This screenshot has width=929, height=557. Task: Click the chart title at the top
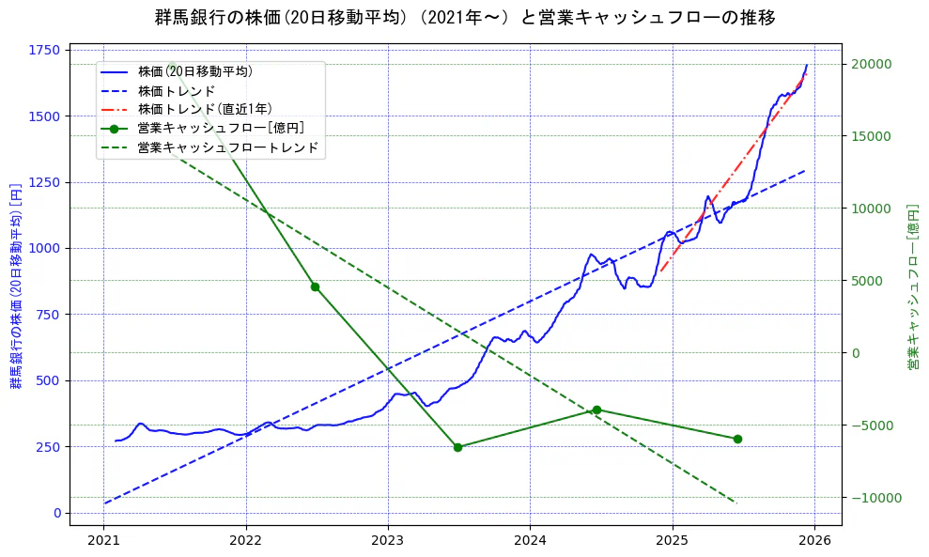coord(464,17)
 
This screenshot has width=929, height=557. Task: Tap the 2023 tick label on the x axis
coord(387,540)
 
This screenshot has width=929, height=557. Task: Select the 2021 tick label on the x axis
coord(103,540)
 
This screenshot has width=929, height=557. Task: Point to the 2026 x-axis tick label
coord(814,540)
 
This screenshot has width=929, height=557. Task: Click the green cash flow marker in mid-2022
coord(315,286)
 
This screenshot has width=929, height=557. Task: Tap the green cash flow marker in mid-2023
coord(457,447)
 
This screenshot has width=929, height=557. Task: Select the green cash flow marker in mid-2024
coord(596,410)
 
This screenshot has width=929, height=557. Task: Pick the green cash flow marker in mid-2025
coord(737,439)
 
